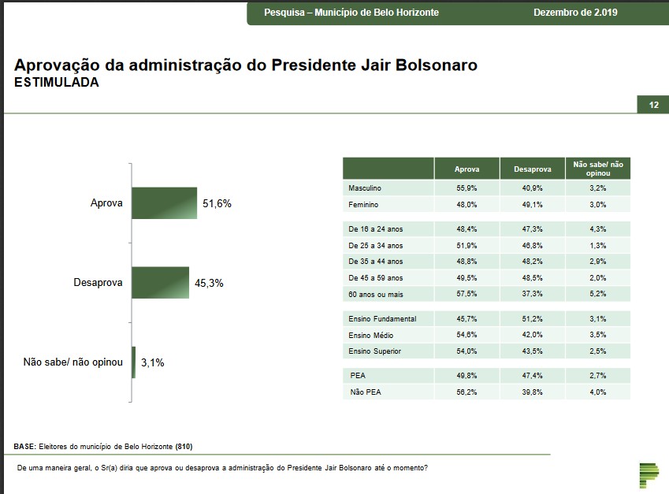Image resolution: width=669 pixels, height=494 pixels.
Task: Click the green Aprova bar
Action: click(164, 203)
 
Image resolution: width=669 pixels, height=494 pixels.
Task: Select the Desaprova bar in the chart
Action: click(160, 283)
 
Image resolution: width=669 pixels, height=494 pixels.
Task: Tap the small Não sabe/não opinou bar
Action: click(134, 362)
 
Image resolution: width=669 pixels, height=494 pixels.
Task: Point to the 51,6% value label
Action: click(217, 203)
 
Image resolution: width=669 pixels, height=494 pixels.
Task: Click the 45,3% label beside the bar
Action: click(209, 283)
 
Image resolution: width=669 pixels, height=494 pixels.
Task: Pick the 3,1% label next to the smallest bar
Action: click(152, 363)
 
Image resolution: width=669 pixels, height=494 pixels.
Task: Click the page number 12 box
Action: click(653, 106)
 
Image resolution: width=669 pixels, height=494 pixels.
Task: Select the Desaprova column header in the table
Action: click(532, 169)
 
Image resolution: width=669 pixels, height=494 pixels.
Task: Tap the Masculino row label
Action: click(365, 189)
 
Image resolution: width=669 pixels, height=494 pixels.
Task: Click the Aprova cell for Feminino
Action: click(466, 205)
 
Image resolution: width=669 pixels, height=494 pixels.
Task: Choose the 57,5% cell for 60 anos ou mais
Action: click(466, 293)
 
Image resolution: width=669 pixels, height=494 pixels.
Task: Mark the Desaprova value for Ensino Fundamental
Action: click(532, 319)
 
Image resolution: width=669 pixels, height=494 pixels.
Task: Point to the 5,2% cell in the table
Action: click(598, 293)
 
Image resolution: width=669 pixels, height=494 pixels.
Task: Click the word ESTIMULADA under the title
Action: click(57, 82)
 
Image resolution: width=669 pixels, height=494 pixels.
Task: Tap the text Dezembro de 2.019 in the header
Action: click(575, 13)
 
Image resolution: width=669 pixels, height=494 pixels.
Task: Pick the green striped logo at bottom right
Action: click(649, 475)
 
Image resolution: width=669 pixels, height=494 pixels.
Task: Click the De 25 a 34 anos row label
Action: click(375, 246)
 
